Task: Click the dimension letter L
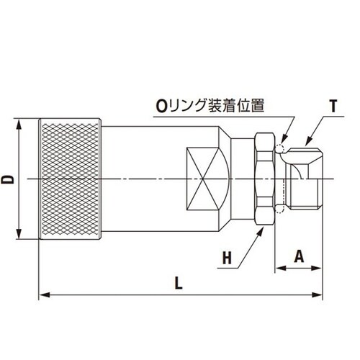[179, 283]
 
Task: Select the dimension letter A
[297, 256]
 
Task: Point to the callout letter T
[333, 106]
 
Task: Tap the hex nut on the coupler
[264, 178]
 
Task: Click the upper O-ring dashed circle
[280, 150]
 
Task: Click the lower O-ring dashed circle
[280, 208]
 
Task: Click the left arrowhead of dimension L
[42, 293]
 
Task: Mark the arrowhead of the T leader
[304, 142]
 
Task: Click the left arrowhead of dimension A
[279, 269]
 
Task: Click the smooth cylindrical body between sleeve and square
[144, 178]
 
